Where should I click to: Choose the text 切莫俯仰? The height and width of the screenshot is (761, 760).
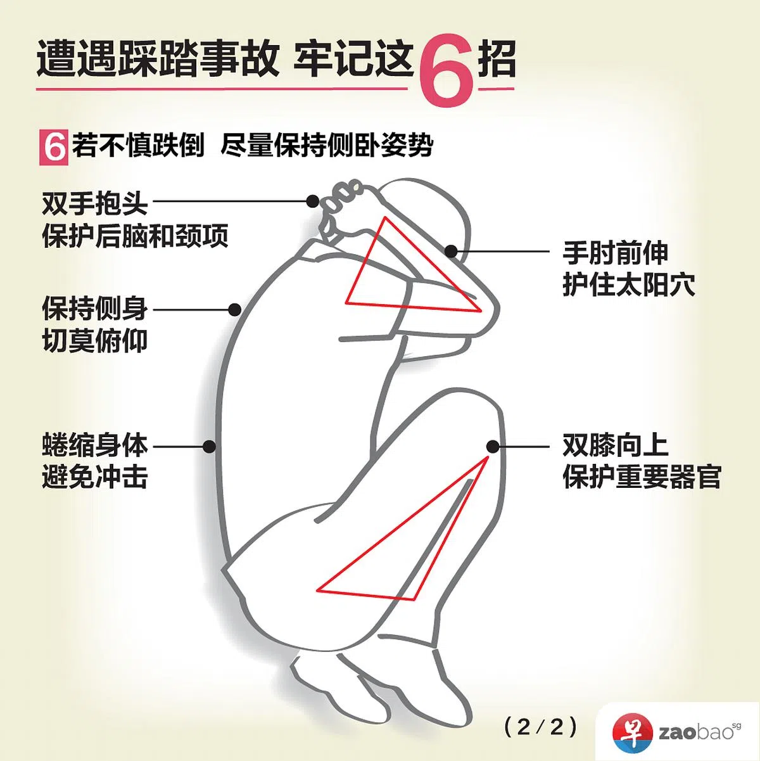point(94,342)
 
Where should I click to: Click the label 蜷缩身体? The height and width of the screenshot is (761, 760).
point(94,445)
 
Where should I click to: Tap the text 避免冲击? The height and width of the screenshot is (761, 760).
point(94,476)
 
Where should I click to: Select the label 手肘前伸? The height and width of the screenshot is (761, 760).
point(615,253)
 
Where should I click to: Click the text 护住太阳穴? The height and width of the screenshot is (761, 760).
point(628,285)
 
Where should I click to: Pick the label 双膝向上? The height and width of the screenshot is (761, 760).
point(615,445)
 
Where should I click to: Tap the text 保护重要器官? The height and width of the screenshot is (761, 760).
point(642,477)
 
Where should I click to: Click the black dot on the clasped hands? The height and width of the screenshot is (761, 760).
point(312,201)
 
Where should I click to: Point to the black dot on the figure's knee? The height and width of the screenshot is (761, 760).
point(493,445)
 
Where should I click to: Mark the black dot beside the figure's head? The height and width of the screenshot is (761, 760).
point(451,252)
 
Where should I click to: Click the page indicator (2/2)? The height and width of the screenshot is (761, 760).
point(541,727)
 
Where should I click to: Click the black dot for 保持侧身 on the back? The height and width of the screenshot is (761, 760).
point(234,310)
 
